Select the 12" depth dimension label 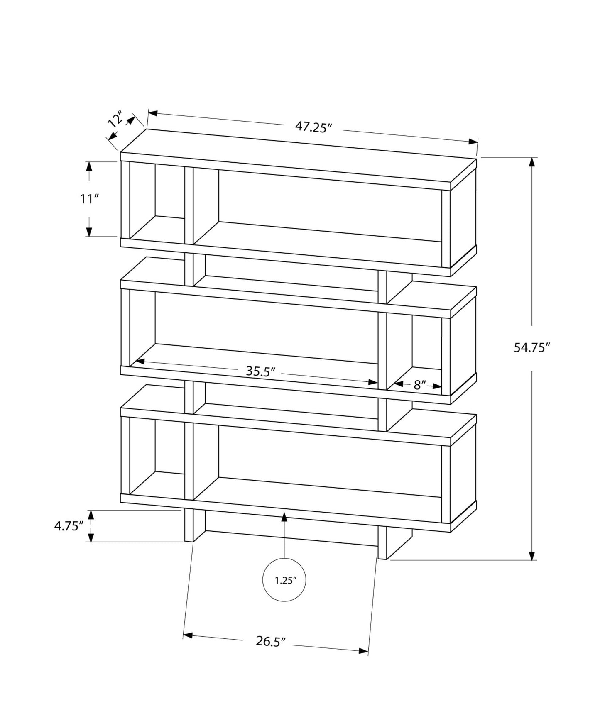pyautogui.click(x=115, y=119)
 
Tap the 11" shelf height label pyautogui.click(x=89, y=199)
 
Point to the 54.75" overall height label pyautogui.click(x=532, y=348)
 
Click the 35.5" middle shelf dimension pyautogui.click(x=261, y=371)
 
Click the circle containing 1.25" pyautogui.click(x=284, y=580)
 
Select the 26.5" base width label pyautogui.click(x=271, y=641)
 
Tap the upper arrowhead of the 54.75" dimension pyautogui.click(x=532, y=162)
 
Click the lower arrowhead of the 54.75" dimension pyautogui.click(x=532, y=556)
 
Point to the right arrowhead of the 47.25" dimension pyautogui.click(x=473, y=142)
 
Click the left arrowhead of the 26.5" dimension pyautogui.click(x=188, y=635)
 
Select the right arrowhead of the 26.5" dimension pyautogui.click(x=363, y=651)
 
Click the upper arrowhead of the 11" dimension pyautogui.click(x=89, y=166)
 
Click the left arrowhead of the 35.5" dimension pyautogui.click(x=140, y=361)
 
